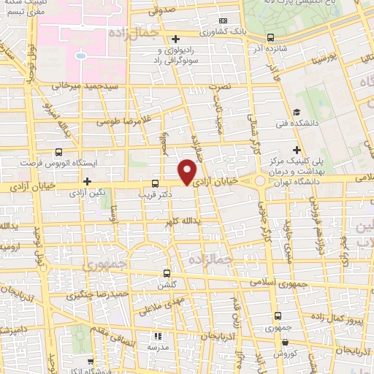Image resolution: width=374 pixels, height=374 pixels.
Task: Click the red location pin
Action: [x=188, y=171]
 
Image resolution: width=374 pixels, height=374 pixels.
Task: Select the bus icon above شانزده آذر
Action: [x=271, y=37]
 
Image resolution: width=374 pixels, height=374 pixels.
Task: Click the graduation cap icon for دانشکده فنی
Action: [x=296, y=112]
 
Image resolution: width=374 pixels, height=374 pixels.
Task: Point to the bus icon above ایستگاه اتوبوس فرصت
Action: [x=58, y=153]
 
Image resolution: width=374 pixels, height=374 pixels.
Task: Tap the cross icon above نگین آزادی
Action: [x=87, y=181]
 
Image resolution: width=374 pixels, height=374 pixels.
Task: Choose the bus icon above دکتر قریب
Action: [x=154, y=183]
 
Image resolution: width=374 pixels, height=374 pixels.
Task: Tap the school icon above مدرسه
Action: [x=156, y=337]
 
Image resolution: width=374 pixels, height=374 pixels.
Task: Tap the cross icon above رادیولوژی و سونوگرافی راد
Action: [x=175, y=39]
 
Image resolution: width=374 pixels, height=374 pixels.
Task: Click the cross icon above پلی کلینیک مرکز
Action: [x=296, y=150]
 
